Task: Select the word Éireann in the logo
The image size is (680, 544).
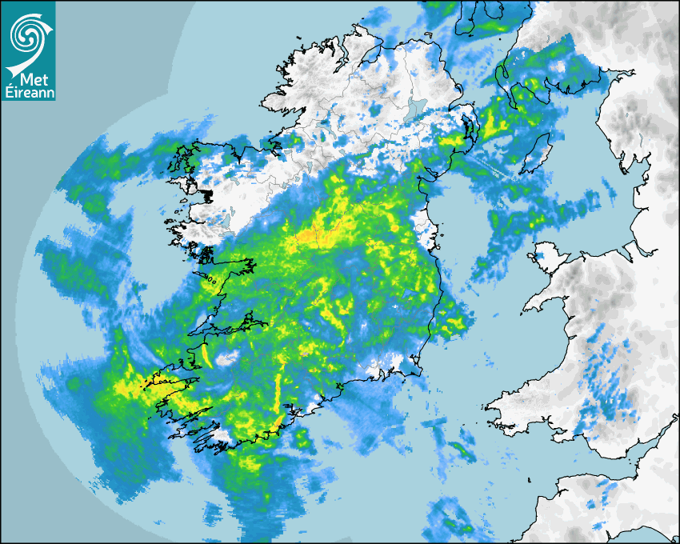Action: [x=29, y=94]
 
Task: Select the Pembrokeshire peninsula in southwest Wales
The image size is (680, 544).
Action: [x=512, y=412]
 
